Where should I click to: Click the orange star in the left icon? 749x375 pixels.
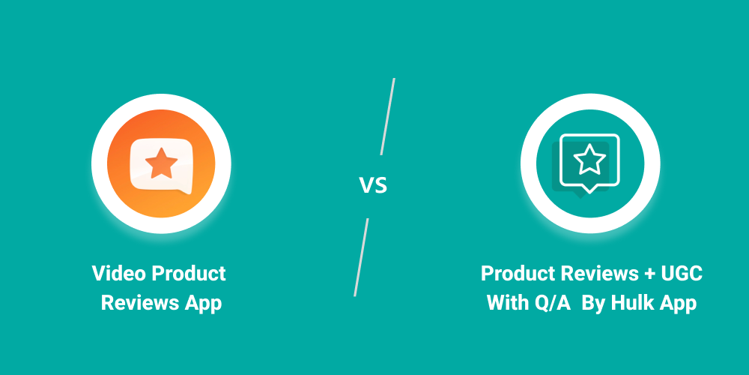coord(160,163)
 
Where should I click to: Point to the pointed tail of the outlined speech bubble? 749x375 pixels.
coord(590,189)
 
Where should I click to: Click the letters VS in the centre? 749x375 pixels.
coord(373,184)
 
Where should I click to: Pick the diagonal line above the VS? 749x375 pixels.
coord(388,116)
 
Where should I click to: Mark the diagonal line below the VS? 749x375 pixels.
coord(361,257)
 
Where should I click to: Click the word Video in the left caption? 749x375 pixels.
coord(119,274)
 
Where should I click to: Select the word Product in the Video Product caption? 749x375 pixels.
coord(189,274)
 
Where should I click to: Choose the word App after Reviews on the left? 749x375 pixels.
coord(202,304)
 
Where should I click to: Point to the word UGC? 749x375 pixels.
coord(682,274)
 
